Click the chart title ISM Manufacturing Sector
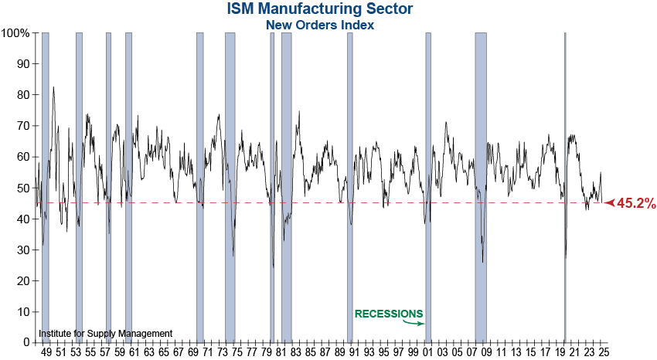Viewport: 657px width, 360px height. point(320,9)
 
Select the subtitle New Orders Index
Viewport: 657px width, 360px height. point(320,25)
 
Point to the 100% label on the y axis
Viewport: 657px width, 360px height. point(15,33)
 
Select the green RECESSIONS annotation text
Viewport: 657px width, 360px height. point(389,314)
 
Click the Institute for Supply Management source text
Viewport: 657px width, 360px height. point(106,334)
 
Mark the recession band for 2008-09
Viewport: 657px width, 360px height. point(481,185)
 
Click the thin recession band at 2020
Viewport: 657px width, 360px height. point(565,185)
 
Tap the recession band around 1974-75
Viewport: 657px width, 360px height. point(230,185)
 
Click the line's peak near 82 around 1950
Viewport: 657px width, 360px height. point(53,87)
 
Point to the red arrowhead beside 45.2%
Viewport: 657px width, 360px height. point(609,203)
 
